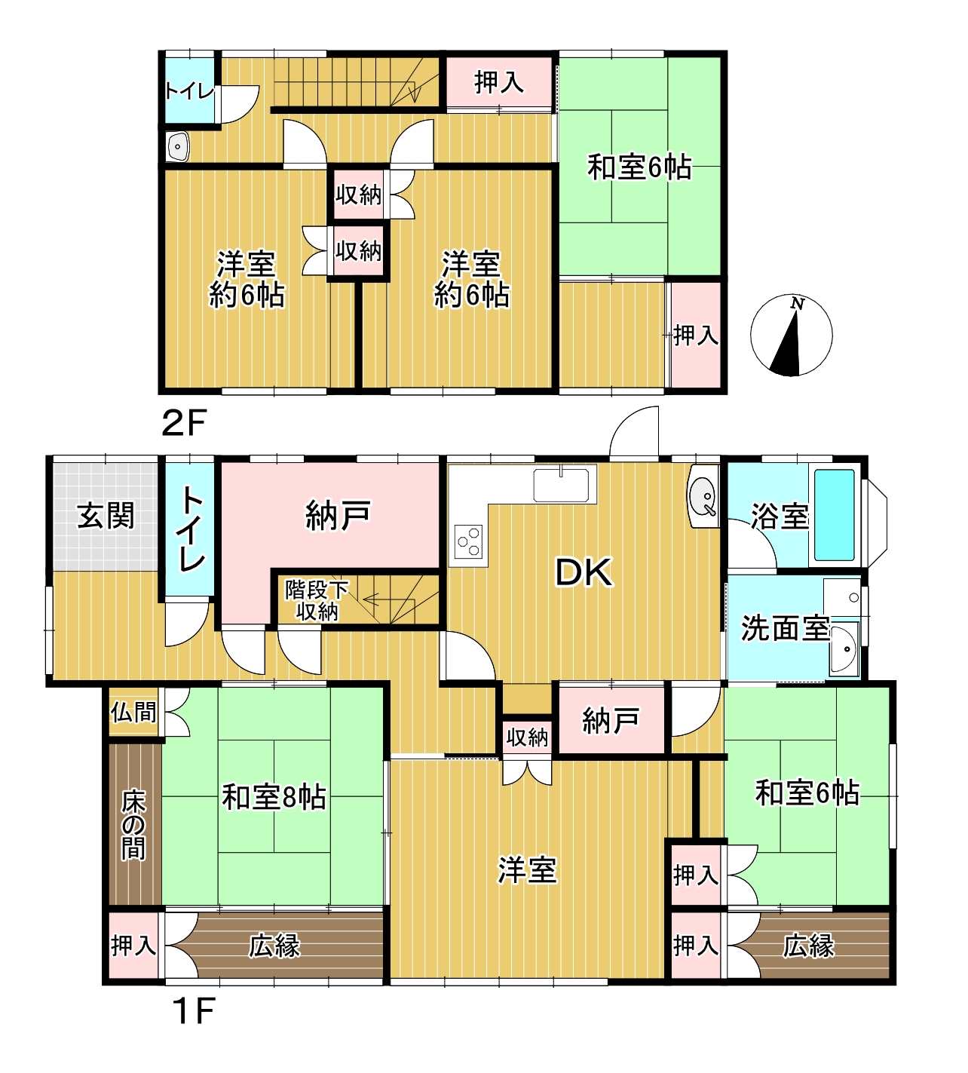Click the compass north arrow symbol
click(x=791, y=335)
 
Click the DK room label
click(x=584, y=572)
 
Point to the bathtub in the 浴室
click(x=835, y=514)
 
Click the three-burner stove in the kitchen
click(x=469, y=542)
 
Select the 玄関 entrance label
click(x=106, y=516)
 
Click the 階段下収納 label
click(x=316, y=600)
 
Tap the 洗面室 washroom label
click(x=785, y=629)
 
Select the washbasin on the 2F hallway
click(x=178, y=146)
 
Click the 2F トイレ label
click(x=189, y=91)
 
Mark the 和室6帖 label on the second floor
click(x=639, y=167)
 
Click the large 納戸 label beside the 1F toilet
click(x=338, y=516)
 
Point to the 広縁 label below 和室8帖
click(x=274, y=946)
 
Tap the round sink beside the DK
click(x=704, y=496)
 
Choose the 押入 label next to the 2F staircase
click(x=499, y=82)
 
